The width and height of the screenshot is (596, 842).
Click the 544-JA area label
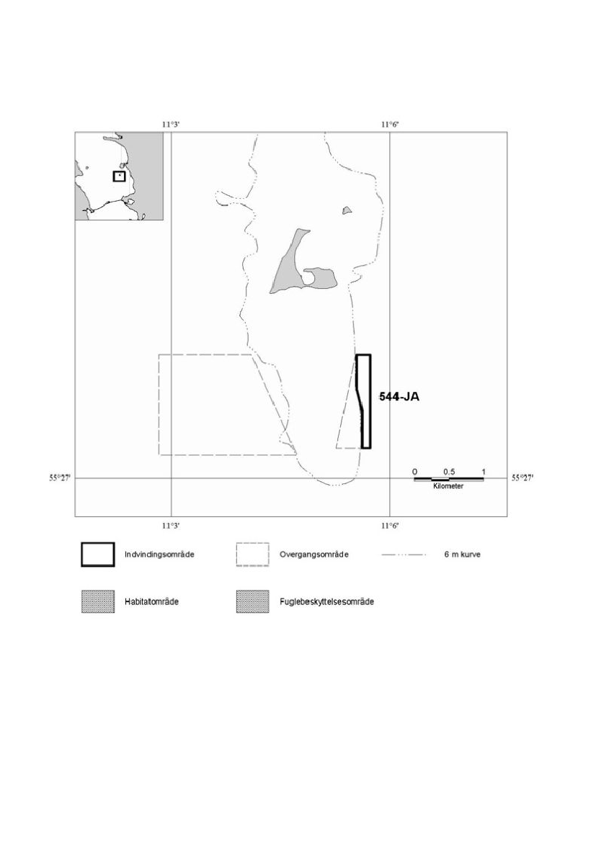point(399,397)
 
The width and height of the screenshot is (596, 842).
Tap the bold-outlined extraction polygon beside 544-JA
point(369,401)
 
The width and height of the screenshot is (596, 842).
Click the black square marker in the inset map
point(119,176)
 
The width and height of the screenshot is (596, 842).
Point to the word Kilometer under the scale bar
point(448,486)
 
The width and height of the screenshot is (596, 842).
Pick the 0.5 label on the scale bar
point(449,472)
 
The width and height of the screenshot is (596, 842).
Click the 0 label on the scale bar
point(414,472)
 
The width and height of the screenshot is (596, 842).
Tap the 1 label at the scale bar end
point(483,472)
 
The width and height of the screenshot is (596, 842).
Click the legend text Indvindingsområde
point(159,555)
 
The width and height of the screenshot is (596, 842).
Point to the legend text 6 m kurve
point(462,555)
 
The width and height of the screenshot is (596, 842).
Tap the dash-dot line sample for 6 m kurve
point(404,555)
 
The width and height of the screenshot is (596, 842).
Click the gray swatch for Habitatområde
point(98,601)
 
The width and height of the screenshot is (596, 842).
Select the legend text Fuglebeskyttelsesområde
point(326,601)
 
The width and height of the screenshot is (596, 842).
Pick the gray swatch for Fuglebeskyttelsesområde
point(252,601)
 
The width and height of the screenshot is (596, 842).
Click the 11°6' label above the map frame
point(391,125)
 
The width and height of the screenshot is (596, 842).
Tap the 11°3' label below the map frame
point(171,525)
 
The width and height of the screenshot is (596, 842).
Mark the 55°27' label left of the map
point(61,478)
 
